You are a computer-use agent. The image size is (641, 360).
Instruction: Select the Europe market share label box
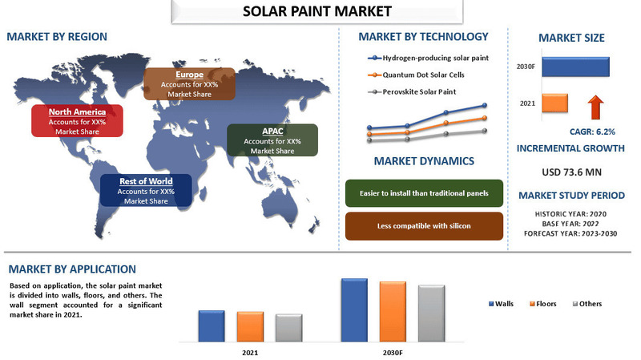(189, 84)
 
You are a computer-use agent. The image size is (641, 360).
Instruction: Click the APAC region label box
(272, 140)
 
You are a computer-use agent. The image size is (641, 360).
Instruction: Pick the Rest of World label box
(145, 191)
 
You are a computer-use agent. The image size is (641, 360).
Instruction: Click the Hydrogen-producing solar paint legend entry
(428, 59)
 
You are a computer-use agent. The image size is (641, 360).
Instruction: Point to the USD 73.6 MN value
(571, 172)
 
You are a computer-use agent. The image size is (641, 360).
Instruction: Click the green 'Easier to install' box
(424, 193)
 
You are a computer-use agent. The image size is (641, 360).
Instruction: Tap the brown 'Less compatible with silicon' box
(424, 226)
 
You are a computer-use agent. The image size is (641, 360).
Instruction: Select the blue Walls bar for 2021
(212, 325)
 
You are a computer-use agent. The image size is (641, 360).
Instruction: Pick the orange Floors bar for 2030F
(393, 310)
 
